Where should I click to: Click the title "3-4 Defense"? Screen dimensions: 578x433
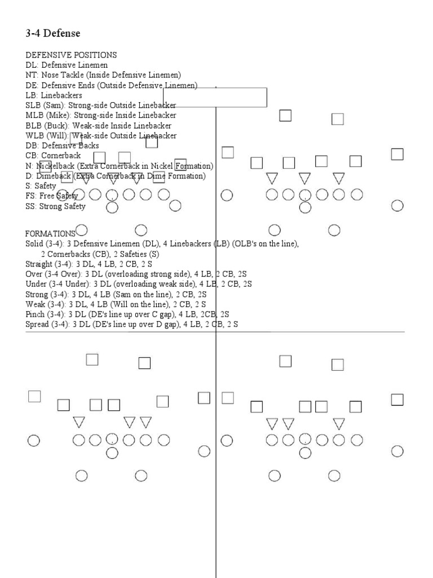53,34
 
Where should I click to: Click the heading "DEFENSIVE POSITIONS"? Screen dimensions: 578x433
71,55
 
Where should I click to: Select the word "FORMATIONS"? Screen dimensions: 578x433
50,233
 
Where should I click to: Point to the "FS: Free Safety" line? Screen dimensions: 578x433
52,196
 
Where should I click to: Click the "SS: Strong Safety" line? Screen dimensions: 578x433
55,206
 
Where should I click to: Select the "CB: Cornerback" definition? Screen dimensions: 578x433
53,155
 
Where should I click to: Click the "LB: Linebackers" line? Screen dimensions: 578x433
54,95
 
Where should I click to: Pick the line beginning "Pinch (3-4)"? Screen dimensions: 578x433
127,314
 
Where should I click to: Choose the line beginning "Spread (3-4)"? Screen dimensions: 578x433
131,325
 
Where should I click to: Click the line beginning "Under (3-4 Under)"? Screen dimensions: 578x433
138,284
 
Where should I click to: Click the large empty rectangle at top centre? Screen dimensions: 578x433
215,98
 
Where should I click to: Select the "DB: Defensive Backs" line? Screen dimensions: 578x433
62,146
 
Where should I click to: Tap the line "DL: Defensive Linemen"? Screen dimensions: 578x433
66,65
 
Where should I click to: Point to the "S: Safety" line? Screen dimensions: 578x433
41,186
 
